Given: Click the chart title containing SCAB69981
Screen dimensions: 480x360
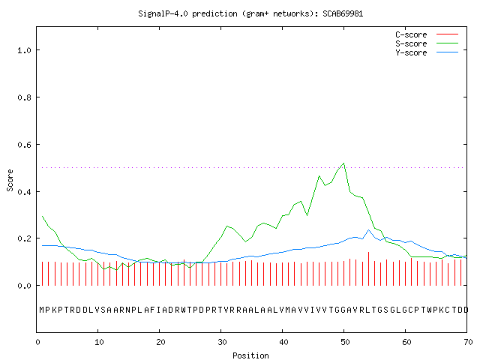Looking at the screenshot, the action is coord(250,13).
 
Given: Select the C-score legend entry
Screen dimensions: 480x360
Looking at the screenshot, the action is coord(427,34).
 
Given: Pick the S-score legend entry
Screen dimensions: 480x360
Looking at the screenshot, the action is coord(427,43).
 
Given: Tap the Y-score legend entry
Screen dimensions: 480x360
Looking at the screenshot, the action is coord(427,52).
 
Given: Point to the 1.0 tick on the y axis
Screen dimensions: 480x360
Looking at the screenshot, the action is coord(24,50).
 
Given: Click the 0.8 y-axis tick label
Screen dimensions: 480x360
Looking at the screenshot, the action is coord(24,97).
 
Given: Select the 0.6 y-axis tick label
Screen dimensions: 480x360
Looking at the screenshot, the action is coord(24,145).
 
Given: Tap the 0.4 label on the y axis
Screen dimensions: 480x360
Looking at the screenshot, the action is coord(24,192).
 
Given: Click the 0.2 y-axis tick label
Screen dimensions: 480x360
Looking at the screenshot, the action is coord(24,238).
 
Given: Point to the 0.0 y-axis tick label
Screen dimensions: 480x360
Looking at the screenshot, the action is coord(24,286).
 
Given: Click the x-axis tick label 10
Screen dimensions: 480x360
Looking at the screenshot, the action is coord(99,342).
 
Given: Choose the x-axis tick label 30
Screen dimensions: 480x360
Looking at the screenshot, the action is coord(222,342).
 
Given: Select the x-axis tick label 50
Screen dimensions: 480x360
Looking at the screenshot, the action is coord(345,342).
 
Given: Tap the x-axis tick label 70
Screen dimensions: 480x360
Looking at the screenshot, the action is coord(468,342).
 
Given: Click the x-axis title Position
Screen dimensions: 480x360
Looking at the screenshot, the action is coord(250,355).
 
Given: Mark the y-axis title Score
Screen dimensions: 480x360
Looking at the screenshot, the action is coord(10,180).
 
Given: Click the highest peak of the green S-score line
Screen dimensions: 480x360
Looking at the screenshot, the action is coord(344,163).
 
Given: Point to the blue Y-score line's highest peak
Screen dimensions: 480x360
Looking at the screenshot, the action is coord(368,230).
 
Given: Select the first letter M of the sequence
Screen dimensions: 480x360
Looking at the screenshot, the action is coord(42,310).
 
